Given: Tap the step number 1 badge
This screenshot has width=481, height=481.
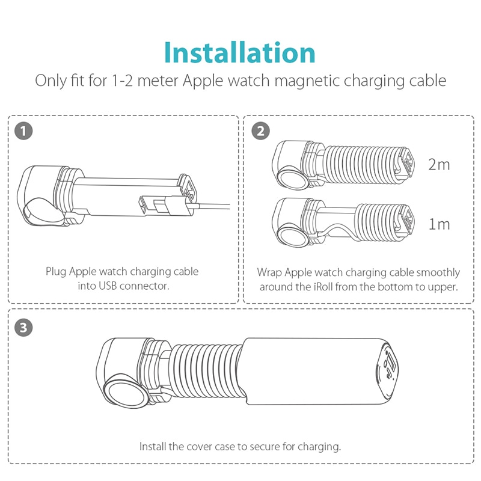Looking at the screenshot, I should tap(23, 130).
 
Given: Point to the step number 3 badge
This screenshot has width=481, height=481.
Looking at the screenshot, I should tap(23, 328).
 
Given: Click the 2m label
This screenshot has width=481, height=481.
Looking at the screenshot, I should tap(439, 164).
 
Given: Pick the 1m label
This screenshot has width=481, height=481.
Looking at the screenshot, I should tap(439, 224).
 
